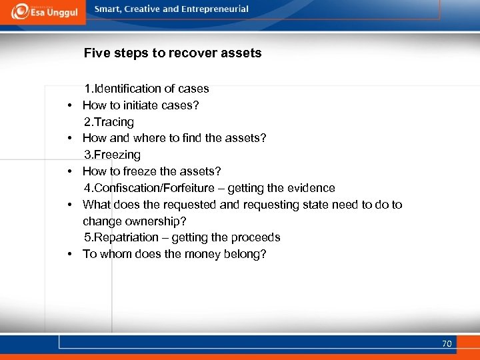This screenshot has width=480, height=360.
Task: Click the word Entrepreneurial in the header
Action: point(214,9)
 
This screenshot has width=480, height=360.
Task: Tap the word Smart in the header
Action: point(108,9)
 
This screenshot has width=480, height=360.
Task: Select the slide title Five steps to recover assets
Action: point(173,53)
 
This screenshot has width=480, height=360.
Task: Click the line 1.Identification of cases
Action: point(146,89)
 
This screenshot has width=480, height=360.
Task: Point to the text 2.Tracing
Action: point(109,122)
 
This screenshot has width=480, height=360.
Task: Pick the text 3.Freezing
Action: point(112,155)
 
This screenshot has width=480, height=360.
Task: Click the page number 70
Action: point(447,344)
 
